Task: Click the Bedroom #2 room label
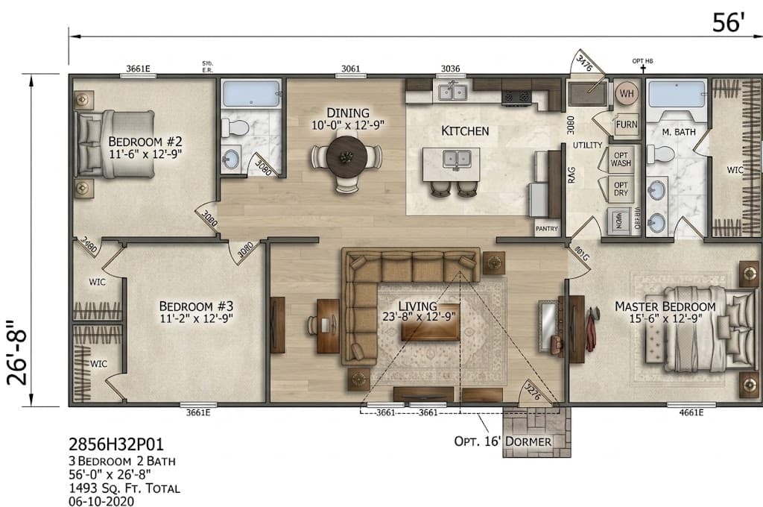(x=145, y=142)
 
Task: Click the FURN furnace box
(x=626, y=125)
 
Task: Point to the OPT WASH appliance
(x=621, y=157)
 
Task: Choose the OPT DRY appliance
(x=621, y=189)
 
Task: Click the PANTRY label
(x=546, y=230)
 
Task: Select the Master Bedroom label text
(x=665, y=306)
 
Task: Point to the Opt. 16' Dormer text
(x=503, y=441)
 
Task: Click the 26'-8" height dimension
(x=16, y=353)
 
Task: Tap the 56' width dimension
(x=728, y=23)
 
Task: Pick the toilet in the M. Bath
(x=660, y=154)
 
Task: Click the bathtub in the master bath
(x=675, y=94)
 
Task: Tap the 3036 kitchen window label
(x=450, y=69)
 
